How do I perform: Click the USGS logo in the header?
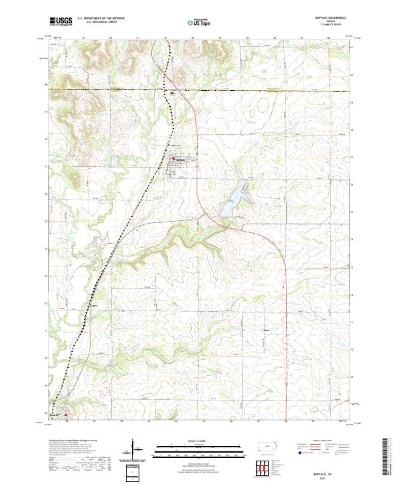pyautogui.click(x=61, y=21)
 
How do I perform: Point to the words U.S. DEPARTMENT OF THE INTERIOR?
pyautogui.click(x=101, y=19)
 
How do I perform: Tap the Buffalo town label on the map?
pyautogui.click(x=181, y=160)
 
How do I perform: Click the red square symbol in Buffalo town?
pyautogui.click(x=174, y=158)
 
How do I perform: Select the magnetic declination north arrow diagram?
pyautogui.click(x=133, y=450)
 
